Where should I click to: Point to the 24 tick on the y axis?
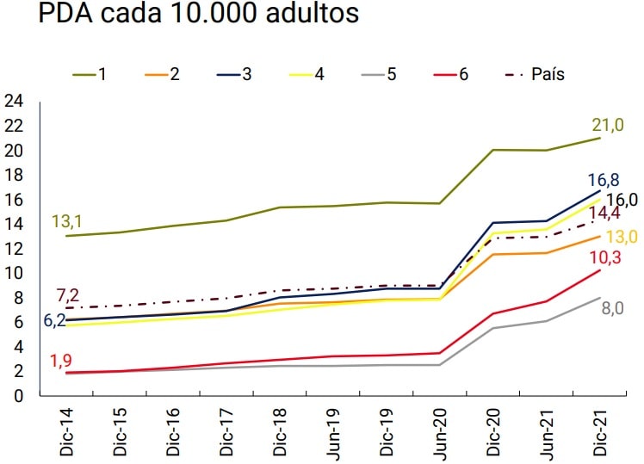13,102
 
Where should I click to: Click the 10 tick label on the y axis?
13,274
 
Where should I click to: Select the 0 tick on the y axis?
17,397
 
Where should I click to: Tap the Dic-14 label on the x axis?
66,431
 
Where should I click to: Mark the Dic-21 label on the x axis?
599,431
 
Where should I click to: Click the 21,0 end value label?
607,125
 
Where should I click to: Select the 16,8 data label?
604,180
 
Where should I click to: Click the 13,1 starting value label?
69,222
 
